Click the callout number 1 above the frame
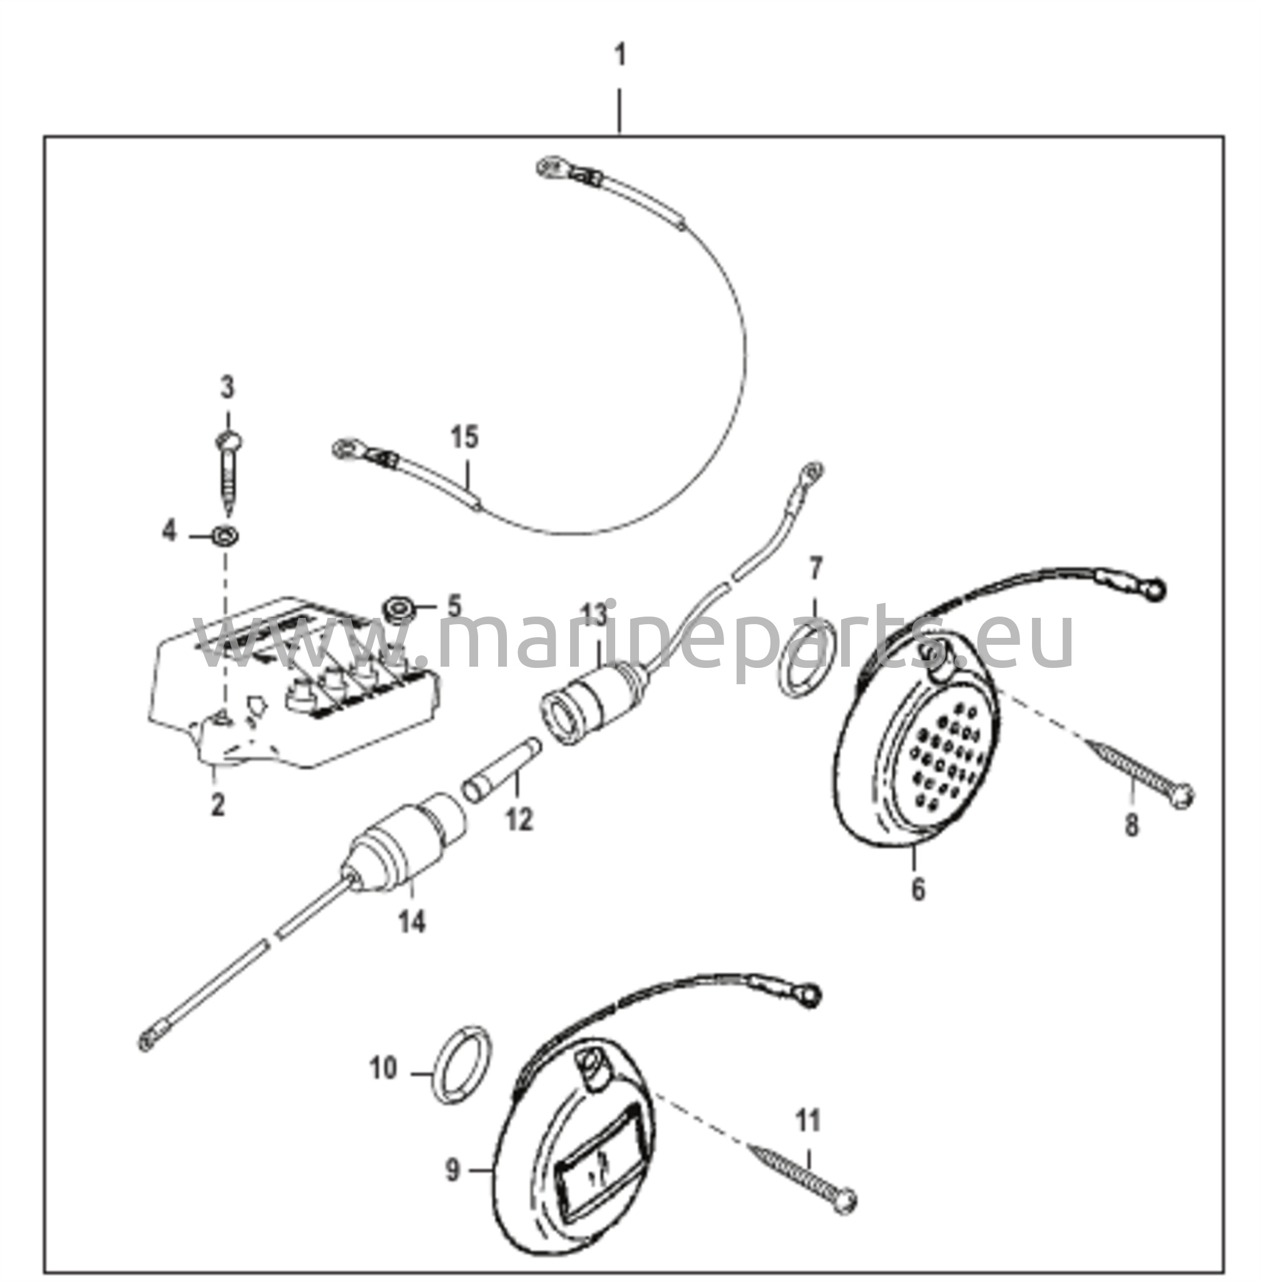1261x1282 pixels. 620,57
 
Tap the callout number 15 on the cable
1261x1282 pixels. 464,438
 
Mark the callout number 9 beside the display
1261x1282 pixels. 452,1171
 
